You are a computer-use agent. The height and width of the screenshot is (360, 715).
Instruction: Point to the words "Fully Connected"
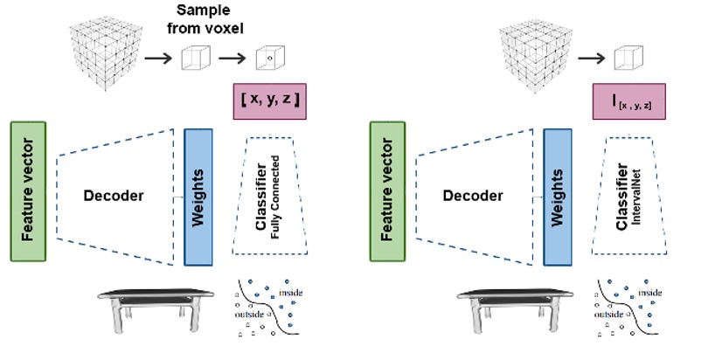276,194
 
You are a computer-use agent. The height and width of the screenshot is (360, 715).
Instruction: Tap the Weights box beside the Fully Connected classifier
198,197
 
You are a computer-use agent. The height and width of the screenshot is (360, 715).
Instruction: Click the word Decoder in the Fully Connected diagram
113,196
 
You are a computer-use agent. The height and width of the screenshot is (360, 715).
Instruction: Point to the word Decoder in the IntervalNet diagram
473,196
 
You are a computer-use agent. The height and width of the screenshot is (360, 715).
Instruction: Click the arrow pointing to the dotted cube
232,60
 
